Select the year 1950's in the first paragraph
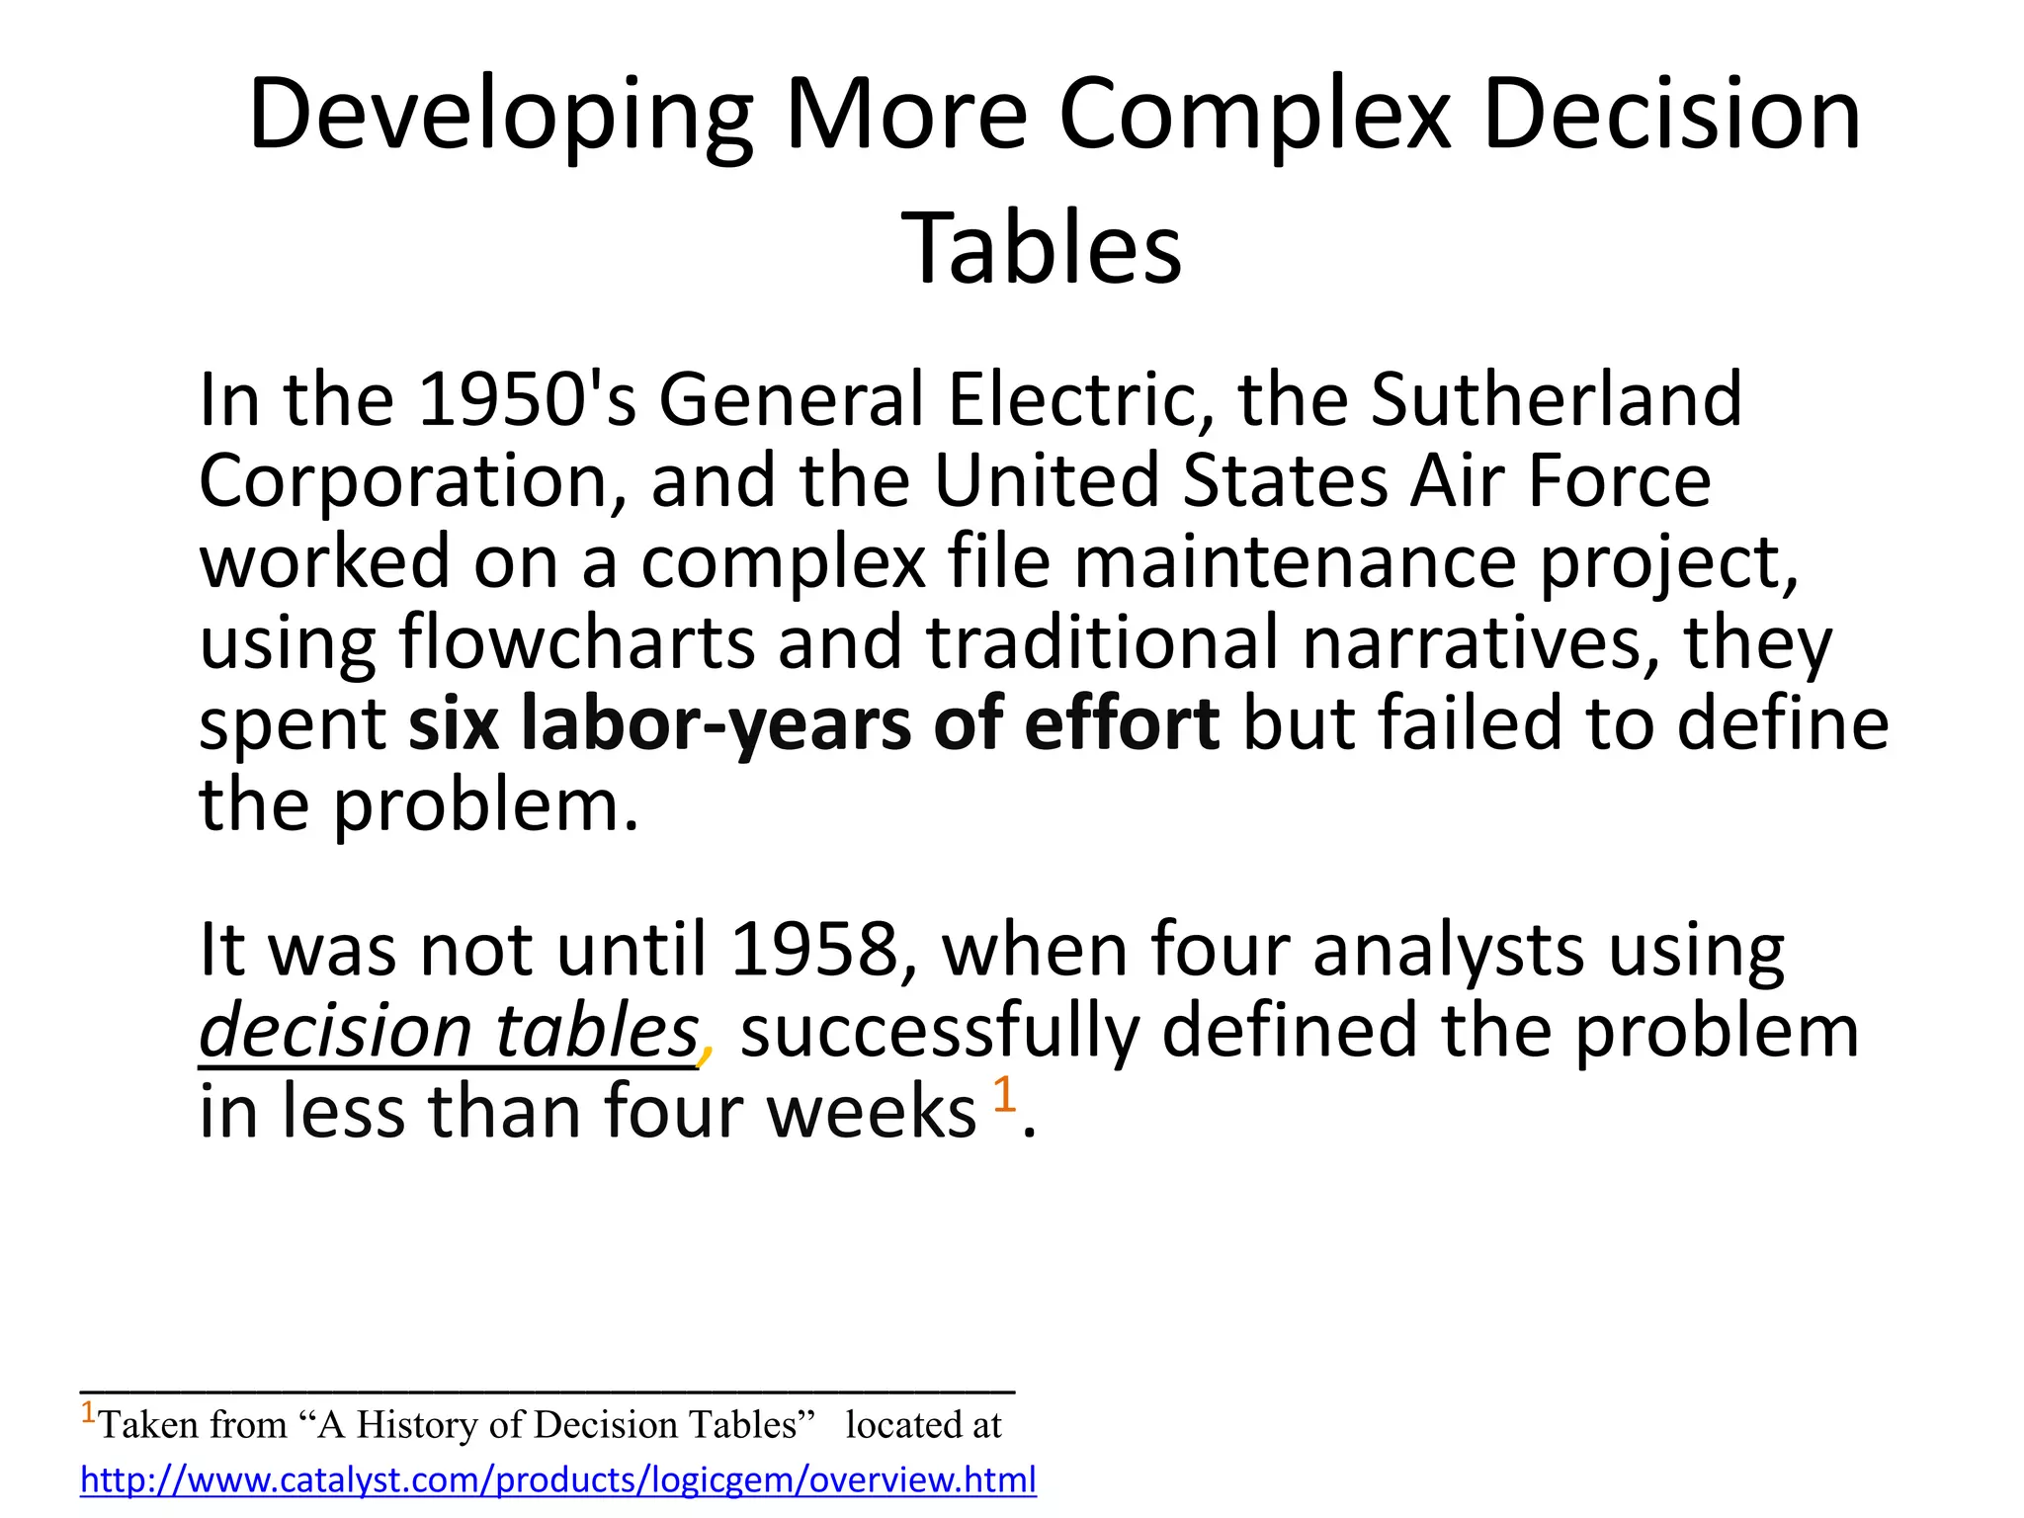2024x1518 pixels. pos(527,399)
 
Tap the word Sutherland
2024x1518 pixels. pos(1557,399)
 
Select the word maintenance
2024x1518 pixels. pos(1295,562)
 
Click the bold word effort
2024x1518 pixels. pos(1122,723)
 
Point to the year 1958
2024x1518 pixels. pos(814,950)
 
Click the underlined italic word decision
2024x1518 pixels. pos(334,1031)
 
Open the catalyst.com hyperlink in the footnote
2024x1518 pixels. pos(558,1479)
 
